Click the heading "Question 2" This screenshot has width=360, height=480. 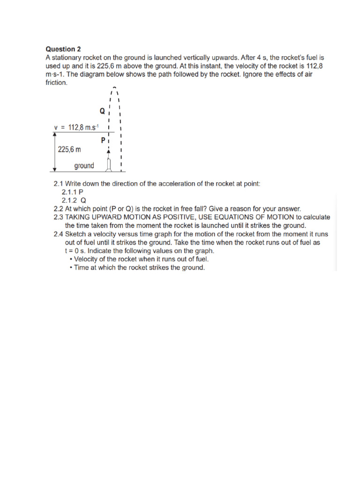tap(63, 49)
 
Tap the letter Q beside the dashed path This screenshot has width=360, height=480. tap(102, 112)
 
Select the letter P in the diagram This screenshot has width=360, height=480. tap(103, 140)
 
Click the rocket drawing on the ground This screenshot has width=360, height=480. tap(109, 165)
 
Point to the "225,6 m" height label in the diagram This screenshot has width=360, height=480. tap(69, 150)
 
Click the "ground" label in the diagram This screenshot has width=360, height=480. tap(84, 165)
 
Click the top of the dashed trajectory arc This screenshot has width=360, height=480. tap(114, 88)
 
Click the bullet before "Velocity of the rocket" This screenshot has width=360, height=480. tap(70, 259)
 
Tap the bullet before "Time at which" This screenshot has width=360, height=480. tap(70, 268)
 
